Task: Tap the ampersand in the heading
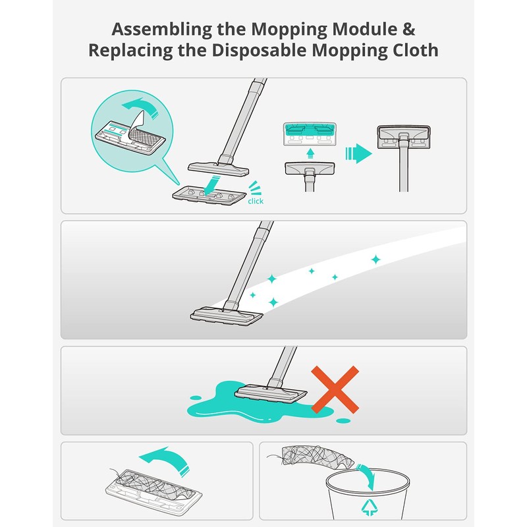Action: (409, 30)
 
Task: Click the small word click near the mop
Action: (255, 200)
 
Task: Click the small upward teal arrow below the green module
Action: (308, 151)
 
